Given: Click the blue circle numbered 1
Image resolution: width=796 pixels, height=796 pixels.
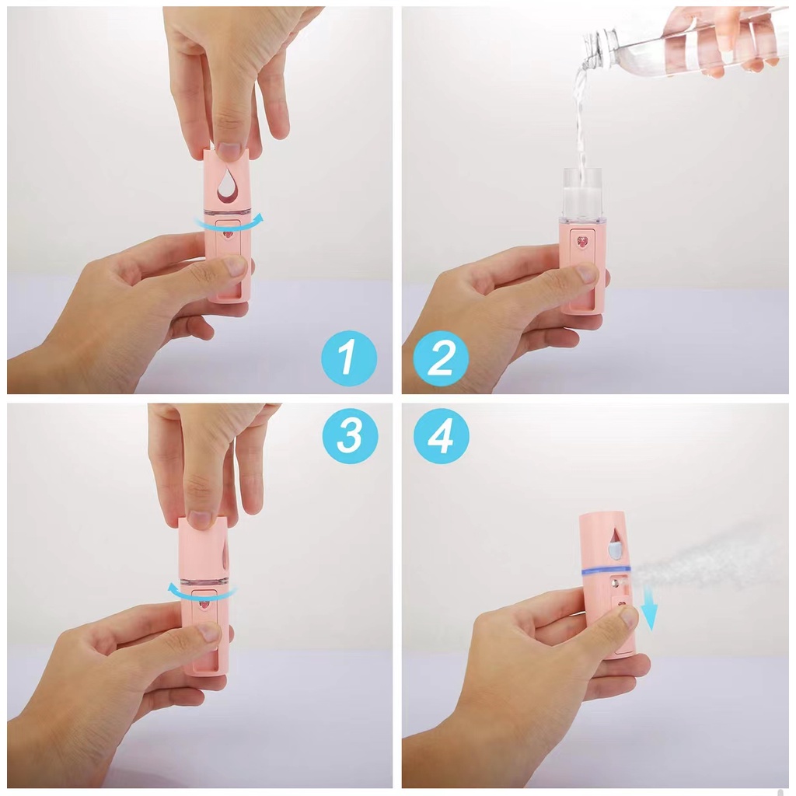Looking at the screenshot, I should coord(349,358).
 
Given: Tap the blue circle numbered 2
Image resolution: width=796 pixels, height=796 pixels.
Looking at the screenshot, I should coord(441,358).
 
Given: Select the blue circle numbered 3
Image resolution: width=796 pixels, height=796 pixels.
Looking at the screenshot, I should coord(349,437).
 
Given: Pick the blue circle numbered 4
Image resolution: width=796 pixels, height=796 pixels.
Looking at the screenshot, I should coord(441,437).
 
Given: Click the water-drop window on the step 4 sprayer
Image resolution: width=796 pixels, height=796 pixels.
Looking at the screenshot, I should coord(615,545).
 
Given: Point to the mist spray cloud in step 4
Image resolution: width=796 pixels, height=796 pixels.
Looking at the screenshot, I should coord(700,556).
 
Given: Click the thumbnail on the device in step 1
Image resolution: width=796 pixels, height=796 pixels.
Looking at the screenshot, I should coord(235,267).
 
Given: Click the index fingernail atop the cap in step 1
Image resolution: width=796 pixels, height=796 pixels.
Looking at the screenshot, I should coord(229,152).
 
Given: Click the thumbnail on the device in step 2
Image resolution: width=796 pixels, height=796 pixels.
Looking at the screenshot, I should coord(587,273).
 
